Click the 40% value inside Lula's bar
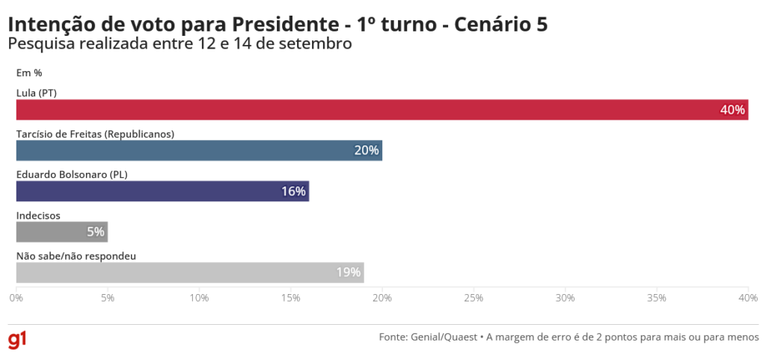click(x=732, y=110)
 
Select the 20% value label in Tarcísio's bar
click(x=367, y=150)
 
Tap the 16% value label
click(x=293, y=191)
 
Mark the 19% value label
click(x=348, y=272)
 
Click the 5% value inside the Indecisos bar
click(x=95, y=232)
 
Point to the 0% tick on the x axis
click(x=16, y=298)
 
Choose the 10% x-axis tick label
click(x=199, y=298)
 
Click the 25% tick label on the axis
click(x=474, y=298)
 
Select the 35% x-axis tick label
click(x=657, y=298)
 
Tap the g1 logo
click(x=18, y=339)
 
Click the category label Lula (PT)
click(x=37, y=94)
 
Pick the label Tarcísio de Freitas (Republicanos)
click(x=95, y=134)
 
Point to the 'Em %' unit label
click(x=28, y=73)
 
